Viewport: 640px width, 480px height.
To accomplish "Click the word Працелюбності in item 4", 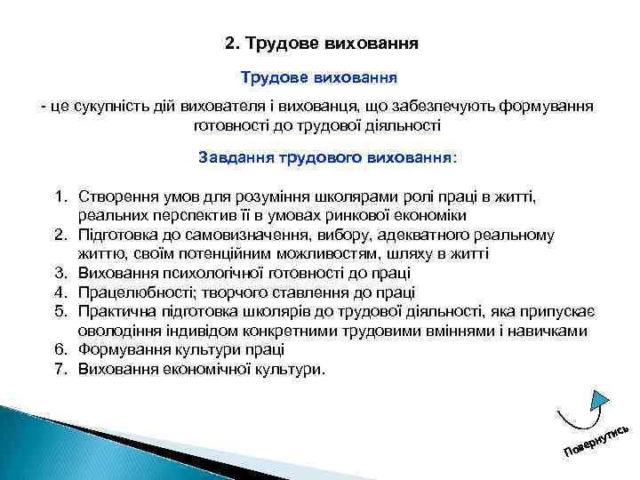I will (x=132, y=292).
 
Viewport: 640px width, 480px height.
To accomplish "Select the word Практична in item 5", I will (x=113, y=312).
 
